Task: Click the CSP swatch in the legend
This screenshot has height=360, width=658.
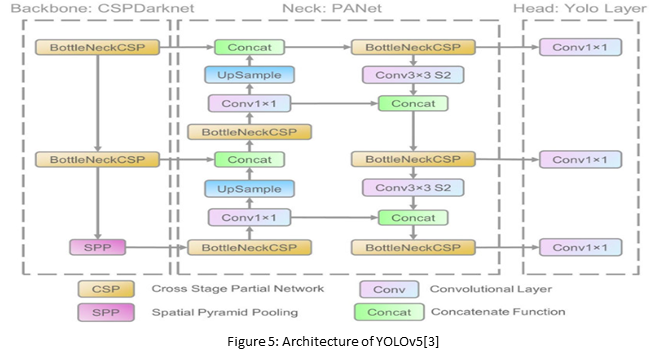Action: tap(98, 289)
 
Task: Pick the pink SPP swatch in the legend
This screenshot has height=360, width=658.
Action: tap(98, 312)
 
